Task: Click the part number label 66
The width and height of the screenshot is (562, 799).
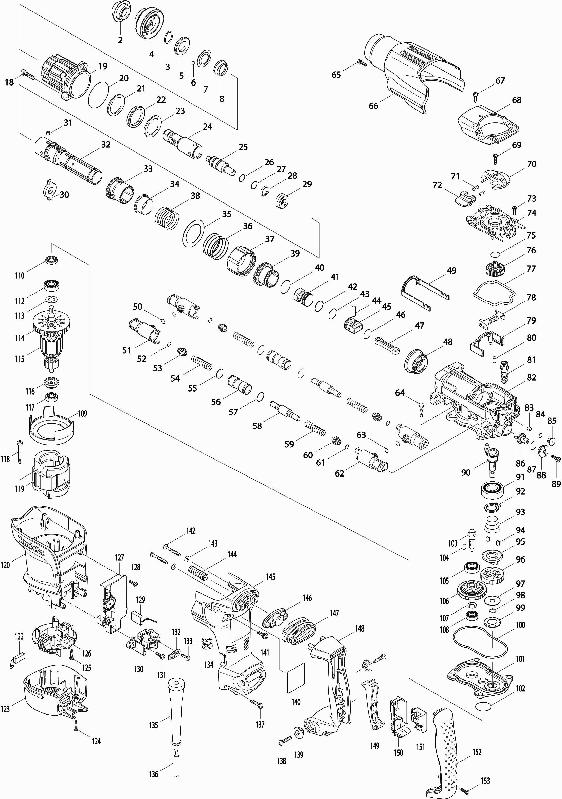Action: [373, 106]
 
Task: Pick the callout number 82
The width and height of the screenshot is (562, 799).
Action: [531, 378]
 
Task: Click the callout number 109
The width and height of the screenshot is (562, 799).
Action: [82, 413]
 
